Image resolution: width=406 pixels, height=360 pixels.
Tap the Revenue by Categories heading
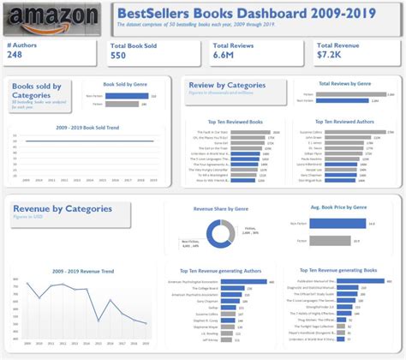[x=63, y=208]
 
